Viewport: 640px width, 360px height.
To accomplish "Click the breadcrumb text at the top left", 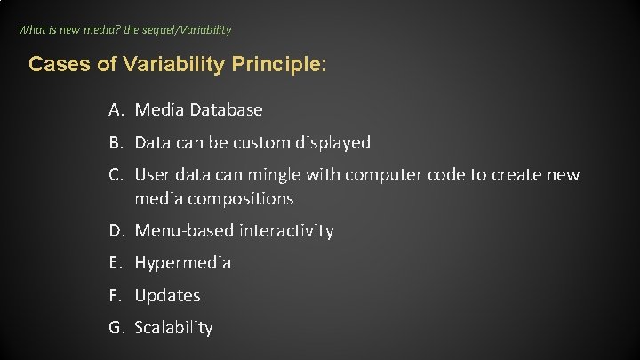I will [124, 29].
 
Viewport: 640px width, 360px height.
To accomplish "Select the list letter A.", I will [116, 110].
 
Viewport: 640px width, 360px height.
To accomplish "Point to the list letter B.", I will [116, 142].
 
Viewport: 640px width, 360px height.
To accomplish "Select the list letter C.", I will [116, 175].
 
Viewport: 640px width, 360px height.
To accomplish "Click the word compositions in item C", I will [238, 198].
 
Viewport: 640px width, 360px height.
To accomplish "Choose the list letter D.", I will [116, 231].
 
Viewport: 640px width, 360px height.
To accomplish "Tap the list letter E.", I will [116, 263].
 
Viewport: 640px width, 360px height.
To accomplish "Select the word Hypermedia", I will [182, 263].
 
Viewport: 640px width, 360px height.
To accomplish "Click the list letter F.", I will [116, 295].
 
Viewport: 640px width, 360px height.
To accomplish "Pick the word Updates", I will [167, 295].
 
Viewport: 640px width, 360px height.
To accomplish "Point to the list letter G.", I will [116, 328].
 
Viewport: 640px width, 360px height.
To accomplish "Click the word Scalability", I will [173, 328].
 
